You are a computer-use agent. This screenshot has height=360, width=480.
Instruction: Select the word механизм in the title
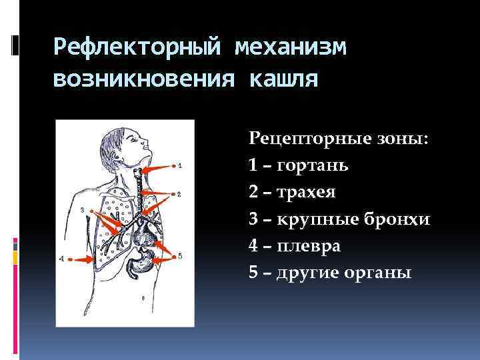click(291, 48)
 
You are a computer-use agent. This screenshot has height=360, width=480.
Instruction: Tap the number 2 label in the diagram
click(179, 194)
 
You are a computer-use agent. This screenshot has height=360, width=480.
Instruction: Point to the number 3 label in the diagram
click(81, 209)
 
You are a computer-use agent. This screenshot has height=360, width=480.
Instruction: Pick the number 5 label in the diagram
click(179, 255)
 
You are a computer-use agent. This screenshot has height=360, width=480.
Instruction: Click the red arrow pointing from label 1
click(159, 169)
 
